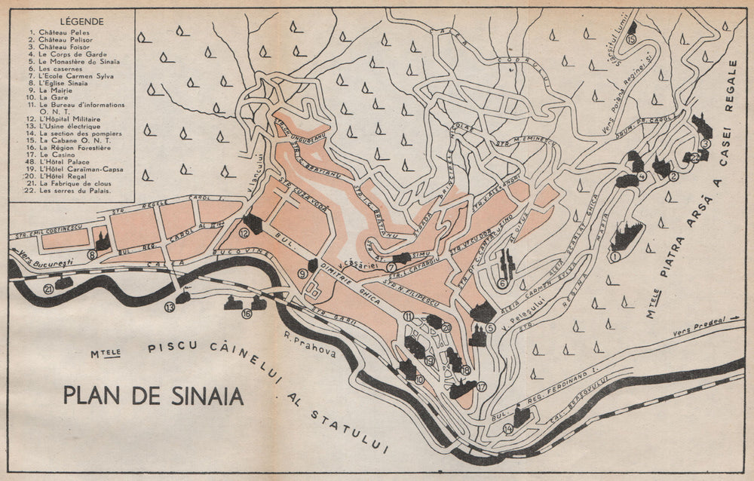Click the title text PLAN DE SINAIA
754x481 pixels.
click(x=153, y=395)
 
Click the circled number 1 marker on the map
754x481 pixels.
click(x=615, y=256)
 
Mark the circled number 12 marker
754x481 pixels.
click(x=244, y=234)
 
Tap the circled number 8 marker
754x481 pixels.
click(x=91, y=255)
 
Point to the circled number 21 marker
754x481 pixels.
click(x=48, y=288)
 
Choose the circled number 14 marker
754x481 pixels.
click(x=507, y=428)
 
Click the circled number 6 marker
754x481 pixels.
click(x=502, y=283)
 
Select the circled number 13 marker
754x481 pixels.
click(x=170, y=307)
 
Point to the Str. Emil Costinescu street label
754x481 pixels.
click(x=48, y=234)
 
